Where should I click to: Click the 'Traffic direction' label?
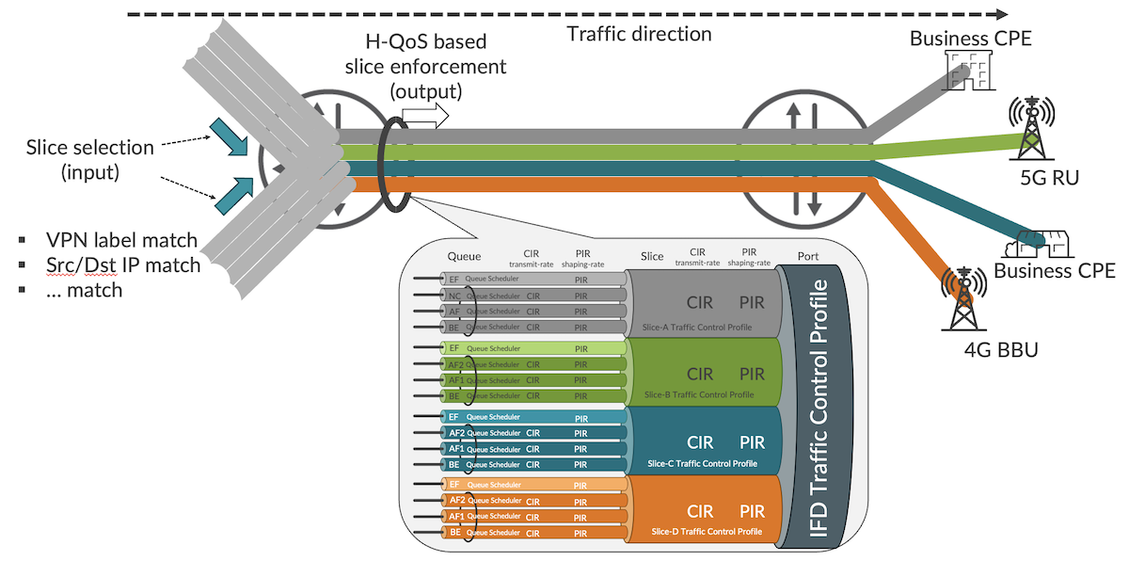[x=639, y=35]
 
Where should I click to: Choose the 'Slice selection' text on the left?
[x=89, y=148]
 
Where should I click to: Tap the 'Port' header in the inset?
[x=807, y=256]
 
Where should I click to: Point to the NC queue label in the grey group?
[x=454, y=296]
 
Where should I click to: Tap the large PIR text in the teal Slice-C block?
[x=752, y=442]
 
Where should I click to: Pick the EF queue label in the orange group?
[x=455, y=485]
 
